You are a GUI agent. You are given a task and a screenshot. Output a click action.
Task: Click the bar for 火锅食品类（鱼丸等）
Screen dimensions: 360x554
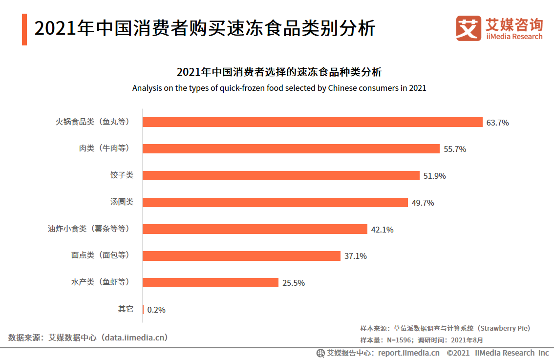(312, 122)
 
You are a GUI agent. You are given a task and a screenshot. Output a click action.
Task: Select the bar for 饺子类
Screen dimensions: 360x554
(281, 175)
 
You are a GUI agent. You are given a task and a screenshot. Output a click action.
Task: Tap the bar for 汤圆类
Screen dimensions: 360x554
(275, 202)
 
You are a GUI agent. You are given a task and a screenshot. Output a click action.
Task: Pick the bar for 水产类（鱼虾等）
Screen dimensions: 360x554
(210, 282)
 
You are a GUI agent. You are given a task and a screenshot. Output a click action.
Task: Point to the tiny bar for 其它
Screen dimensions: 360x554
(143, 309)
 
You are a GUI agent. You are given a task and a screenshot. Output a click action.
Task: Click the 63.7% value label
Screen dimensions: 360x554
(497, 123)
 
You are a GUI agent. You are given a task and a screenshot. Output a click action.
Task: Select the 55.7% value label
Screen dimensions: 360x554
(454, 149)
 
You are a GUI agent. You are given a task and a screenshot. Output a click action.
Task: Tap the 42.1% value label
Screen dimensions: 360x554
(382, 230)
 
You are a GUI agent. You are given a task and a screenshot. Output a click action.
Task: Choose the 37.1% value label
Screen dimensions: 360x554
(355, 256)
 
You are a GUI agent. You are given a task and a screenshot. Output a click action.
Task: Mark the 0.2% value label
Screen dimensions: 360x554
(156, 310)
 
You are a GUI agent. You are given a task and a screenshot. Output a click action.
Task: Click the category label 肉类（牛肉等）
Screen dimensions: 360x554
(105, 148)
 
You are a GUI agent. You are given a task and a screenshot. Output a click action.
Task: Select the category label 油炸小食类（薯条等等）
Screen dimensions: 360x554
(88, 229)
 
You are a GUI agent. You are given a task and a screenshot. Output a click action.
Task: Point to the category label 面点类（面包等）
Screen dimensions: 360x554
(100, 255)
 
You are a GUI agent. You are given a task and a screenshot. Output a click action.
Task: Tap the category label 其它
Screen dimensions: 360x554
(126, 309)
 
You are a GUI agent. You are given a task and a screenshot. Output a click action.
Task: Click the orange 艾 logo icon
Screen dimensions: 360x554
(469, 28)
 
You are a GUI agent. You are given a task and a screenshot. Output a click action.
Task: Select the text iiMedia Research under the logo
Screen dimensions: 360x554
(514, 37)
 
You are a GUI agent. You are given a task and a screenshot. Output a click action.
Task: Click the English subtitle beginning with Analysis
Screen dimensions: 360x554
(279, 88)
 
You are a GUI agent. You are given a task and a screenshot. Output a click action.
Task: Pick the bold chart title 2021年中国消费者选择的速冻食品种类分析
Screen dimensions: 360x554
(279, 72)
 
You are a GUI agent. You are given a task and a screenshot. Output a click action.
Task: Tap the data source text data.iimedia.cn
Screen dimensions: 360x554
(132, 338)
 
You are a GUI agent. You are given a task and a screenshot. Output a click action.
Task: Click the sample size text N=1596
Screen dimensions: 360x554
(400, 340)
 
